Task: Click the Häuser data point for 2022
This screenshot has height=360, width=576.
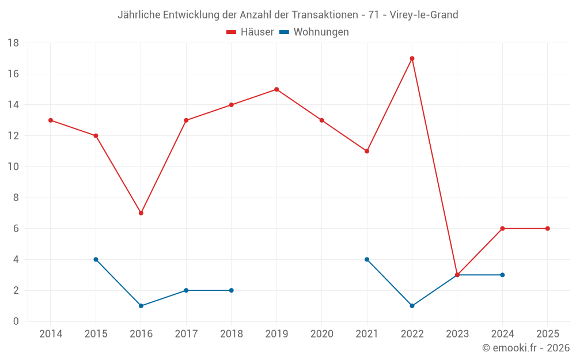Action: (412, 58)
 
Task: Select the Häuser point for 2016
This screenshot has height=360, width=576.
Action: (141, 213)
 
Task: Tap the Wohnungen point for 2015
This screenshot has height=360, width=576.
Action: (96, 259)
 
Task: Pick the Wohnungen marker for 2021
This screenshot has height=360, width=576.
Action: (367, 259)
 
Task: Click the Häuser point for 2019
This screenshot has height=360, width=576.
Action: (276, 89)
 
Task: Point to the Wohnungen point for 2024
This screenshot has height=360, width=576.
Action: (502, 275)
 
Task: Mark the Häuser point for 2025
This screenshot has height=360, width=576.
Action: (548, 229)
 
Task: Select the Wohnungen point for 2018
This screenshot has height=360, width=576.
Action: (232, 290)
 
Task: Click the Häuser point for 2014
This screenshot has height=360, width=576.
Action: (51, 120)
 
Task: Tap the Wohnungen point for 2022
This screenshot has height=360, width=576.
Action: (412, 306)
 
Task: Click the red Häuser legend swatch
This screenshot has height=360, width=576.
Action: (232, 32)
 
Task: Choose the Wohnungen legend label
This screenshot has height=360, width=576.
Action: (321, 32)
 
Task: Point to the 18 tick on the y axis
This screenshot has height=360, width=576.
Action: (13, 43)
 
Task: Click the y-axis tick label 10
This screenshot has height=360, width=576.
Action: (13, 167)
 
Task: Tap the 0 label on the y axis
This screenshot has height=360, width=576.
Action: (16, 321)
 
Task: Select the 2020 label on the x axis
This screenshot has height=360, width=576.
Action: (321, 334)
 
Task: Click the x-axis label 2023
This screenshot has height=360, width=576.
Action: (457, 334)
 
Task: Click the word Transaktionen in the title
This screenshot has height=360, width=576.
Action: (327, 15)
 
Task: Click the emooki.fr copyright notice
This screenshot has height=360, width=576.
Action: (526, 348)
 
